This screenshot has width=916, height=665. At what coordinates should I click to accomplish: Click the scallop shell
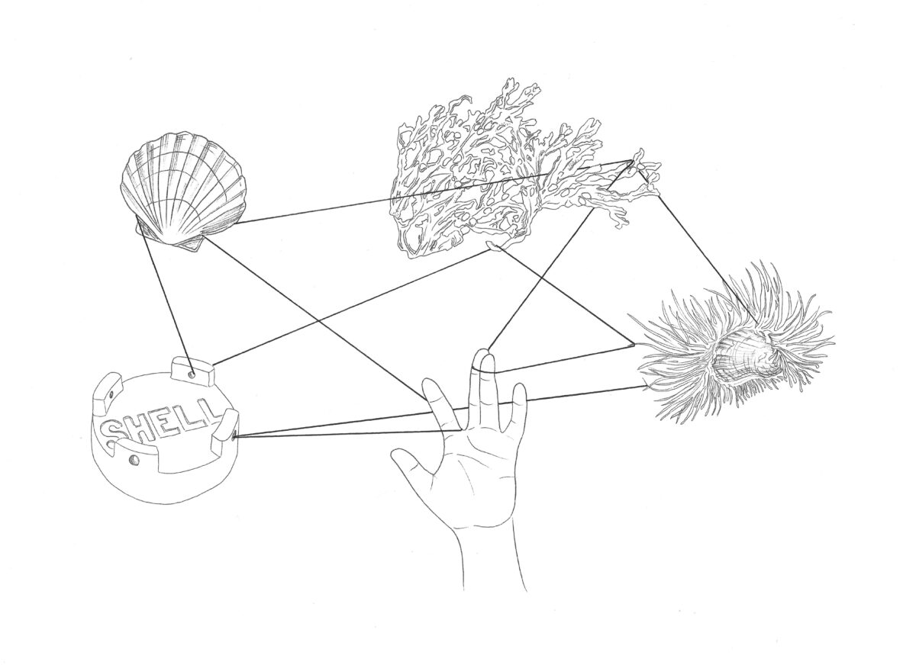[x=185, y=188]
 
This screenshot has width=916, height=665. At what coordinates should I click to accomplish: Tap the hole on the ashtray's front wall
[x=134, y=461]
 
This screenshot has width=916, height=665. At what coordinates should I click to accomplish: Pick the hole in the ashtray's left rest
[x=111, y=395]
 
